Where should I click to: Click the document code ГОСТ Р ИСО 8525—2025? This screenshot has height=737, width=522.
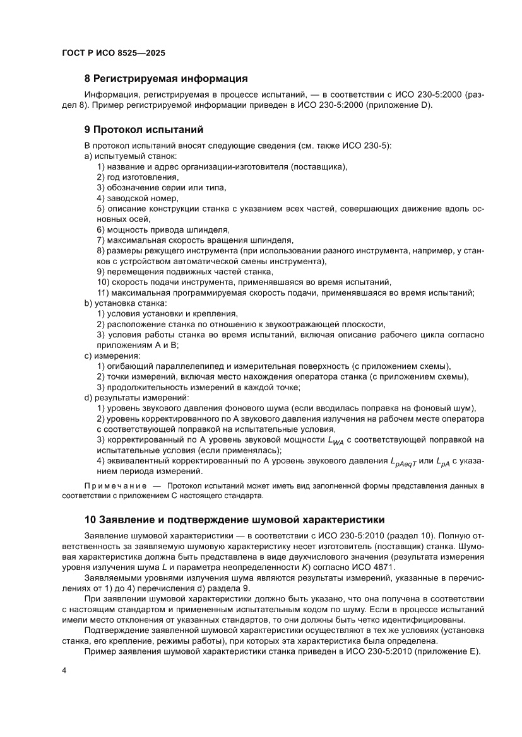coord(114,54)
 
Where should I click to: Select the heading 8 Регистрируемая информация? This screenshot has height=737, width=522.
coord(165,79)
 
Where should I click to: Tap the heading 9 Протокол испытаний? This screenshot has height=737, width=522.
coord(144,131)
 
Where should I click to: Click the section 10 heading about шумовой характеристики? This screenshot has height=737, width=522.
coord(234,520)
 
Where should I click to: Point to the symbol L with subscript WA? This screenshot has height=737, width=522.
coord(336,440)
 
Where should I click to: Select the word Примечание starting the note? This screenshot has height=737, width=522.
coord(114,485)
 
